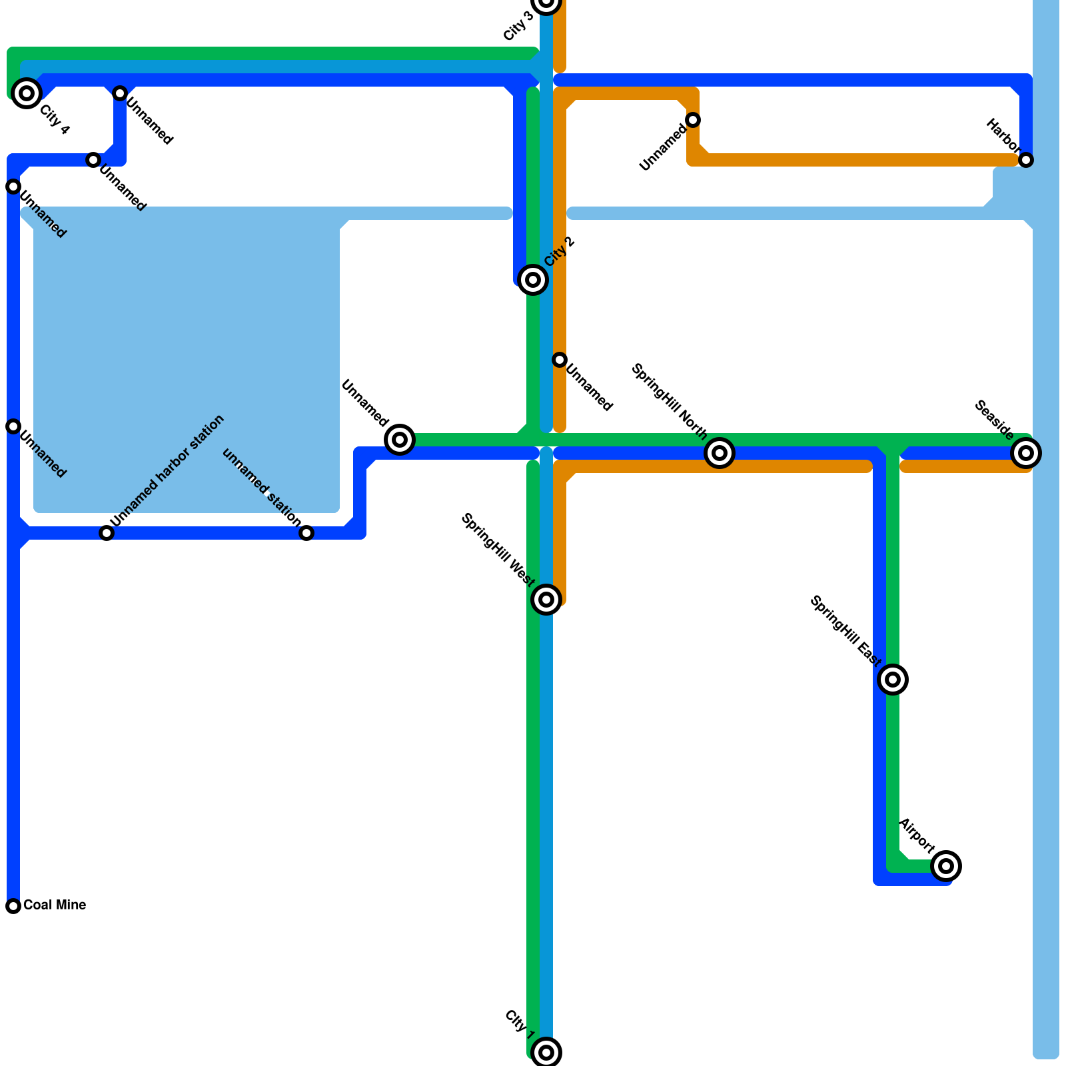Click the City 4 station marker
[x=27, y=93]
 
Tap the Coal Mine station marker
[x=13, y=906]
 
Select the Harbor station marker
[x=1026, y=160]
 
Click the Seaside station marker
[x=1026, y=453]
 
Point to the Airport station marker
[x=946, y=866]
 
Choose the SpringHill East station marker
[x=893, y=680]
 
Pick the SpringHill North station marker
[x=720, y=453]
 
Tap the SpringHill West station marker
[x=546, y=600]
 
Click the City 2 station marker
[x=533, y=280]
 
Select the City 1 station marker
[x=546, y=1053]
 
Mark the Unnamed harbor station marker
[x=107, y=533]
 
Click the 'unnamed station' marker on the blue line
[x=306, y=533]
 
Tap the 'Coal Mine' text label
[x=55, y=905]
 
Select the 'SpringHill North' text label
[x=669, y=401]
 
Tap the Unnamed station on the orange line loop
[x=693, y=120]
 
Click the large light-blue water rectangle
[x=187, y=360]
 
